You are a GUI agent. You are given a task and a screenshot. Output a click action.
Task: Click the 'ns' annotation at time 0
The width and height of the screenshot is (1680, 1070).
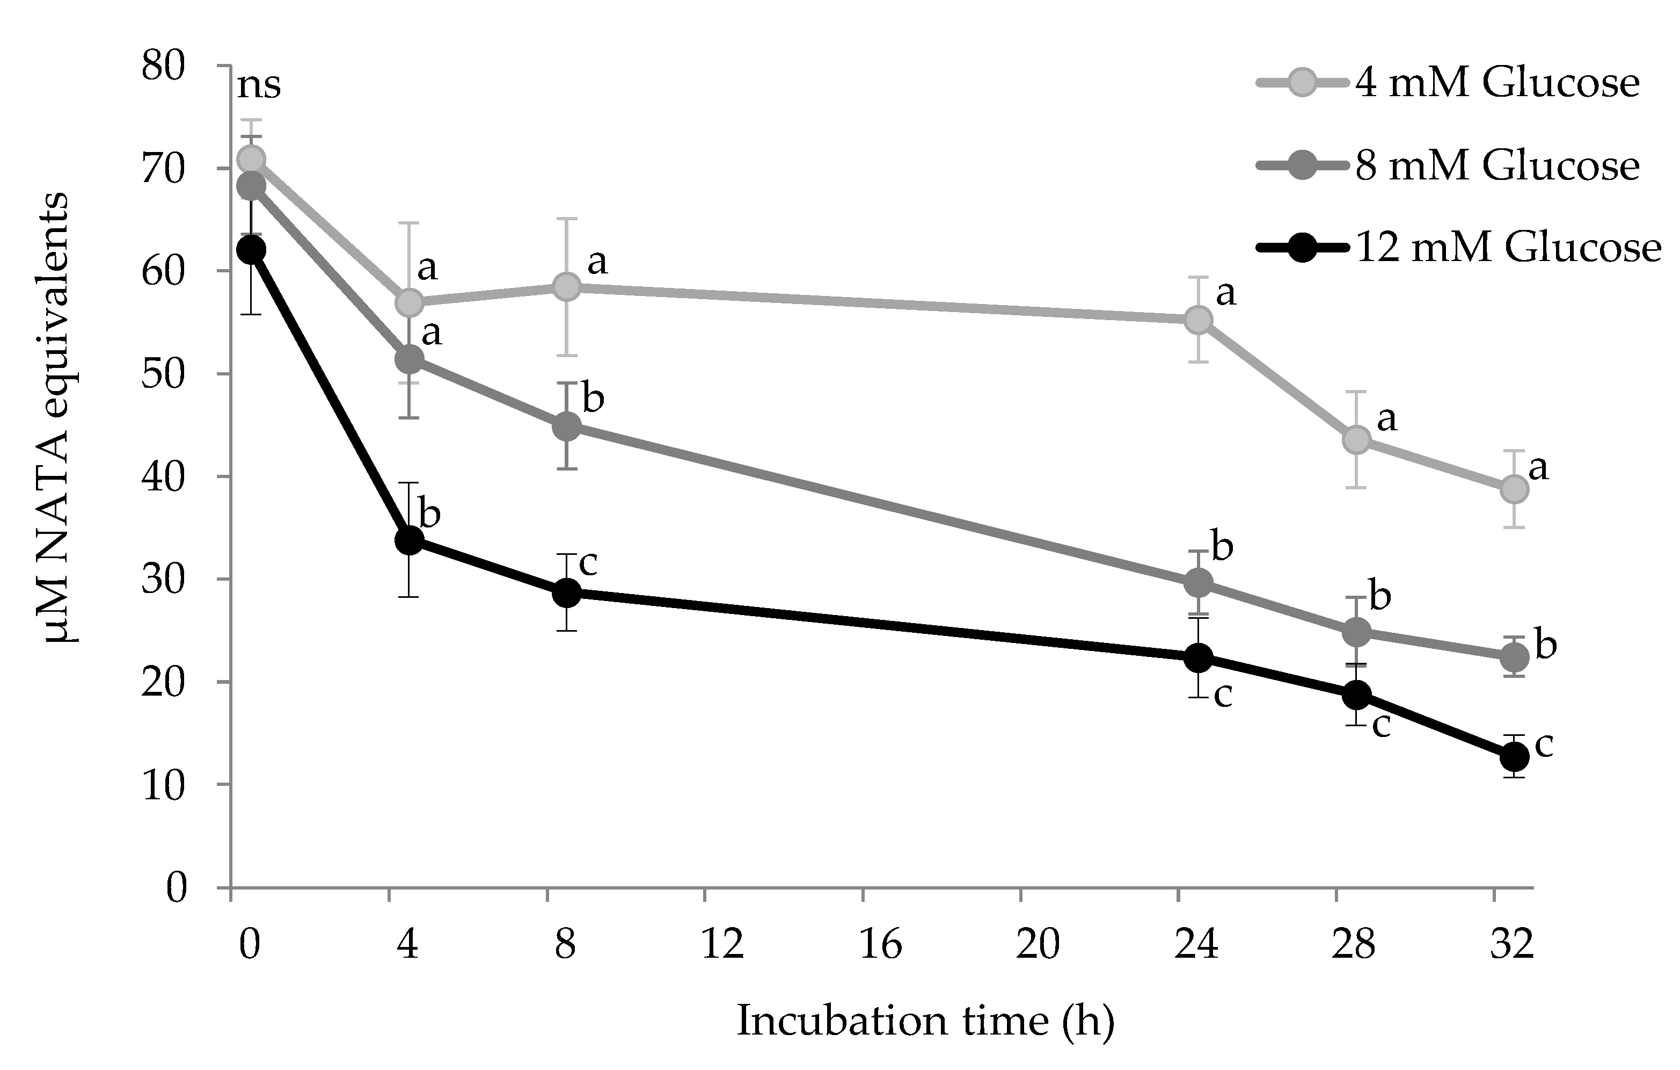259,86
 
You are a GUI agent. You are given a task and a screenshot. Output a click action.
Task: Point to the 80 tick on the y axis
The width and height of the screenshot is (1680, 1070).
164,68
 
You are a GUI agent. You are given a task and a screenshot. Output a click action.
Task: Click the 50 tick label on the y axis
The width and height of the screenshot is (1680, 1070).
164,375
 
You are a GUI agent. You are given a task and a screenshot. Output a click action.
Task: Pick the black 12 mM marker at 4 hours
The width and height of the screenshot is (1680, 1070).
409,539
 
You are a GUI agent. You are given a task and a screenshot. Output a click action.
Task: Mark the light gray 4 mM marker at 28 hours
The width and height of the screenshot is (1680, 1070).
1356,439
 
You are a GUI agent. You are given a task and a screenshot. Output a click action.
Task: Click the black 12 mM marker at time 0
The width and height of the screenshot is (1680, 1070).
251,249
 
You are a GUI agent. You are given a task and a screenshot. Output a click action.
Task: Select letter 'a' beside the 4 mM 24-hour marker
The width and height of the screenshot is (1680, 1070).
1226,294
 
